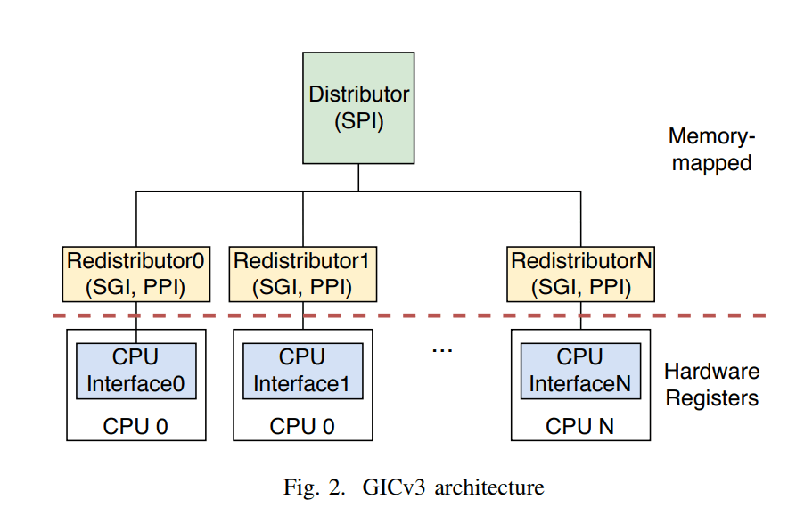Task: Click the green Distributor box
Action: [358, 108]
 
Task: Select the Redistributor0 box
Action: [135, 274]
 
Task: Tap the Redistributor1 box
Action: [302, 274]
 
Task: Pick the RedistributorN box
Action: [581, 274]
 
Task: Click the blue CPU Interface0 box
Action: [135, 371]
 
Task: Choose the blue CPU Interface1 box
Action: [302, 371]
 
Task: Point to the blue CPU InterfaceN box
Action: [580, 371]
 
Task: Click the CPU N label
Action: [580, 427]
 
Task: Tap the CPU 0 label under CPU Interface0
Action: [135, 427]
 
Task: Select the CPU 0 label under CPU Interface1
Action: [302, 427]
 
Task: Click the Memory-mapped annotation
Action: [710, 150]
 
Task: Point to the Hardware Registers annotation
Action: [711, 384]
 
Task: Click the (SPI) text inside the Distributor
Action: [358, 122]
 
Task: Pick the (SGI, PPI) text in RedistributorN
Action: [581, 288]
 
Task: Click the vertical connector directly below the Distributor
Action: [358, 177]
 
